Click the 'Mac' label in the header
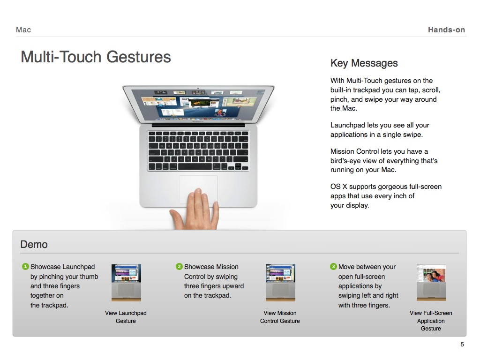(x=23, y=30)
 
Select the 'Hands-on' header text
(x=446, y=30)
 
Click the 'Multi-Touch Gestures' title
(x=96, y=57)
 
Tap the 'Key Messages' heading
(x=364, y=63)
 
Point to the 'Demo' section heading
(x=34, y=244)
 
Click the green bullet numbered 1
(x=25, y=267)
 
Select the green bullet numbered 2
(x=179, y=267)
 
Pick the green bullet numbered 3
(x=333, y=267)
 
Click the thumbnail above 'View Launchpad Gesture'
(x=126, y=283)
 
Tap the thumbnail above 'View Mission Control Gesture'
(x=280, y=283)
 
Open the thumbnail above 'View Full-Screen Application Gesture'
(x=431, y=283)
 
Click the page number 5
(x=462, y=345)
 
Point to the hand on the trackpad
(x=196, y=210)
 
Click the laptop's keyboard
(x=198, y=150)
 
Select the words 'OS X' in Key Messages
(x=338, y=187)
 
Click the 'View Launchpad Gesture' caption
(x=126, y=317)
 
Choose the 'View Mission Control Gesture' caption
(x=280, y=317)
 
